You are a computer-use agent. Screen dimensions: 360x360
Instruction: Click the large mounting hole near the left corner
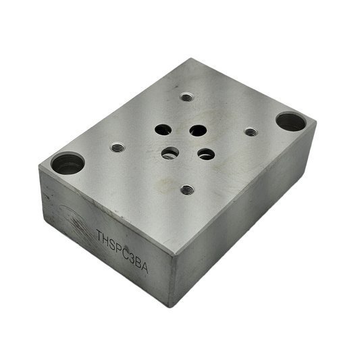point(68,163)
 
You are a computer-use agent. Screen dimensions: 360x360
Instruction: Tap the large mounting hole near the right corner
point(291,122)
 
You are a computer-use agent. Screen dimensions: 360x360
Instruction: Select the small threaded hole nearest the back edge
point(187,97)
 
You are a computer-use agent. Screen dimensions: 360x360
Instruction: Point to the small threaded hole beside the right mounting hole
point(251,132)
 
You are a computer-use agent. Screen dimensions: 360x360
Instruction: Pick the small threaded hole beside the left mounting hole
point(118,147)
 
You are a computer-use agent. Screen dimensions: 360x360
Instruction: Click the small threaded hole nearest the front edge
point(187,190)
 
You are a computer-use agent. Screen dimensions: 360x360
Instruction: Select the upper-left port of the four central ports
point(163,128)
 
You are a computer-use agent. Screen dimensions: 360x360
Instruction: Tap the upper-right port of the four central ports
point(197,130)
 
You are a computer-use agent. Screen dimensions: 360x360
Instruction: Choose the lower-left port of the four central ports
point(170,153)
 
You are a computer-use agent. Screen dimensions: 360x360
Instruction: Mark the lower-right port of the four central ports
point(206,153)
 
